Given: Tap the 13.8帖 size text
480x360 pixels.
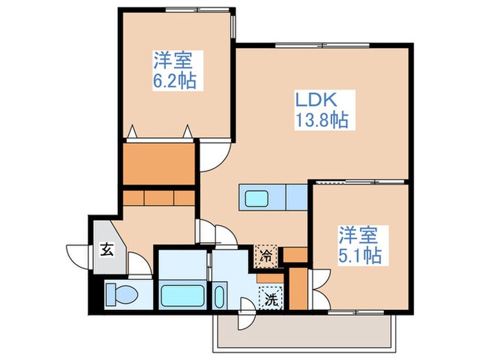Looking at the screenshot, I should tap(322, 121).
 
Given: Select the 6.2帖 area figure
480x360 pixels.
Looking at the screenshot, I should tap(173, 82).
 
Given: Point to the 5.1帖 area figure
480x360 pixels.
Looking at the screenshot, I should tap(359, 256).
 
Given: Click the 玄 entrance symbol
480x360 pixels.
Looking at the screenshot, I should tap(107, 248).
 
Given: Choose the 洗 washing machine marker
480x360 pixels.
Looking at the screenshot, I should tap(270, 299).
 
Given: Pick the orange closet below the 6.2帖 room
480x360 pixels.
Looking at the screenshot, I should tap(160, 163).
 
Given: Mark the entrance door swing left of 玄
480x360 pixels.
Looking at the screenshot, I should tap(77, 255).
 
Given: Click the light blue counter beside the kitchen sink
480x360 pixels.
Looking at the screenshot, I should tap(295, 197).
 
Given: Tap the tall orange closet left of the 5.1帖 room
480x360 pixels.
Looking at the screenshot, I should tap(298, 289).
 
